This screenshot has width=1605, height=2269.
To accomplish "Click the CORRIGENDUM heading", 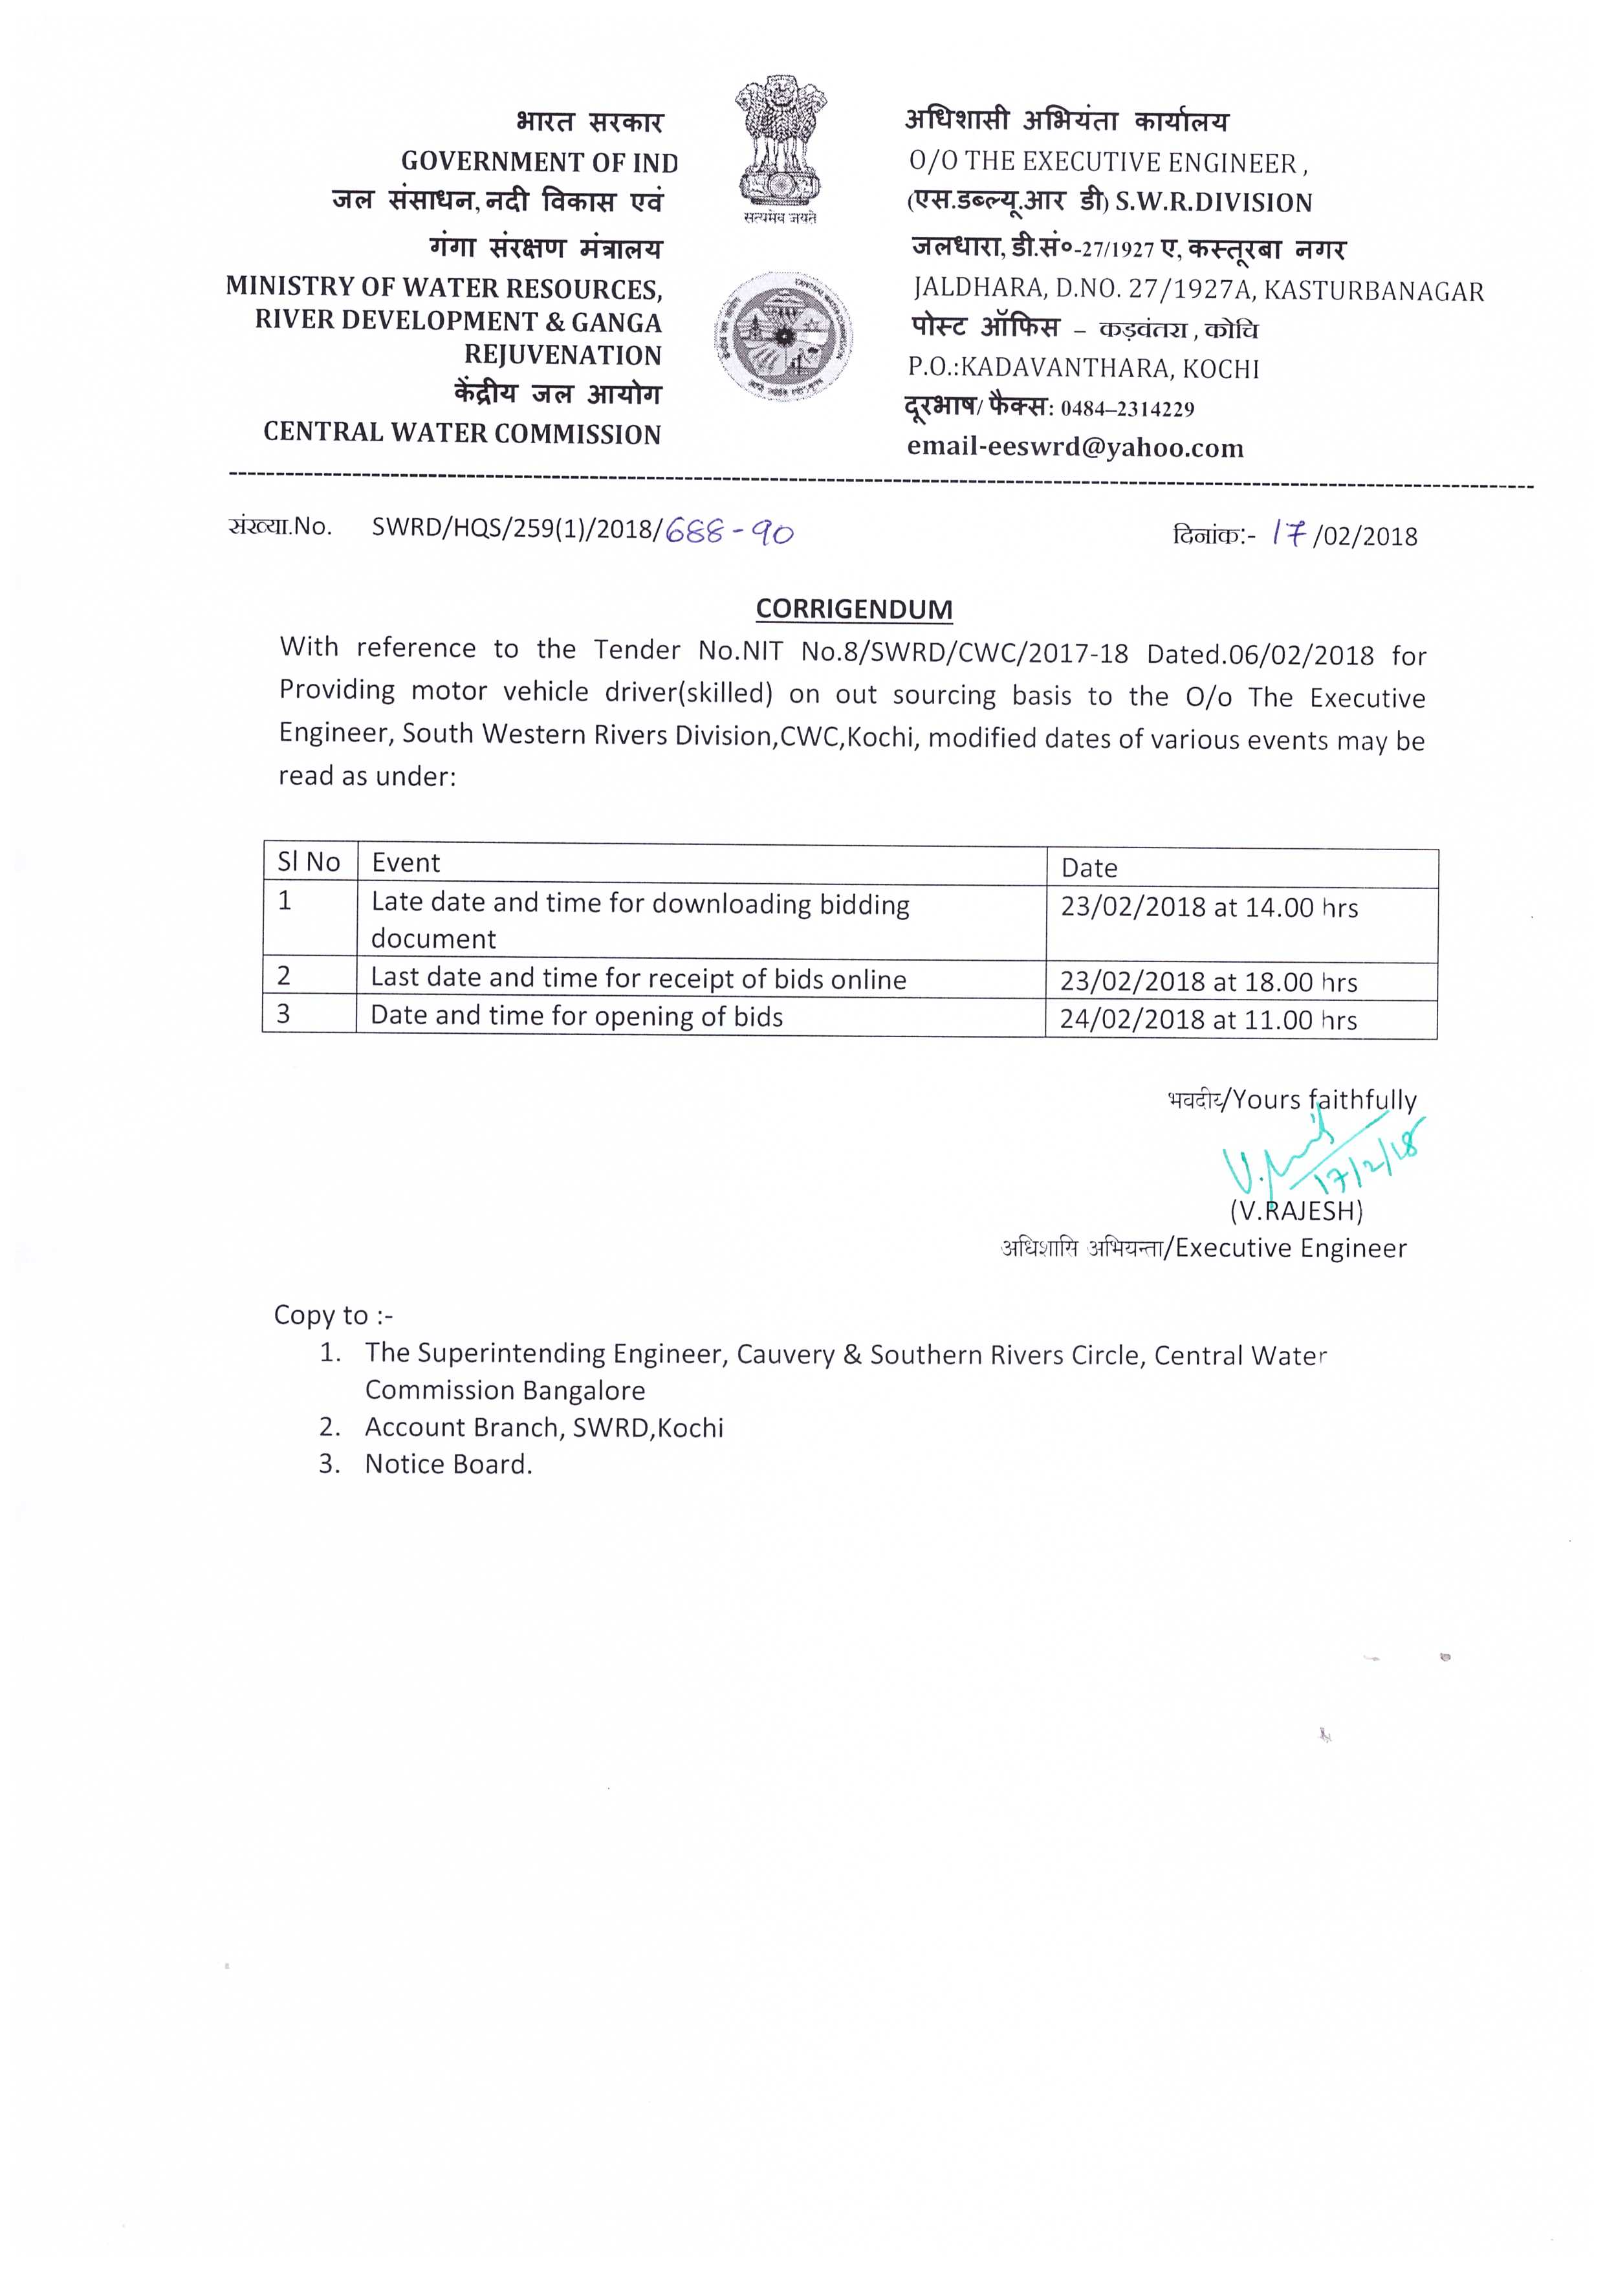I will (x=854, y=609).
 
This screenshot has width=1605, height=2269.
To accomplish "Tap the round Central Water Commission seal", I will (x=783, y=337).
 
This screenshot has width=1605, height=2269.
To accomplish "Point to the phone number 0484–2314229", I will (x=1127, y=409).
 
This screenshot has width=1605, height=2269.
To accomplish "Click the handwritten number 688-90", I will (x=729, y=532).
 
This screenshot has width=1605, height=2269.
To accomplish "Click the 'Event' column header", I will (x=406, y=862).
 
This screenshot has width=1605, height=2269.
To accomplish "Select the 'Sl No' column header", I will (x=309, y=862).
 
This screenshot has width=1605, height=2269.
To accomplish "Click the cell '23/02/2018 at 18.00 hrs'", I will (x=1208, y=981).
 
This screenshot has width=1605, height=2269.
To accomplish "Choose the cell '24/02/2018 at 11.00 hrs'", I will (x=1208, y=1020).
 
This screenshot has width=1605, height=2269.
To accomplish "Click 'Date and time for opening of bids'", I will (x=576, y=1017).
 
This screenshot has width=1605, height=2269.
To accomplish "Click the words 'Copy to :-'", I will (x=333, y=1315).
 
